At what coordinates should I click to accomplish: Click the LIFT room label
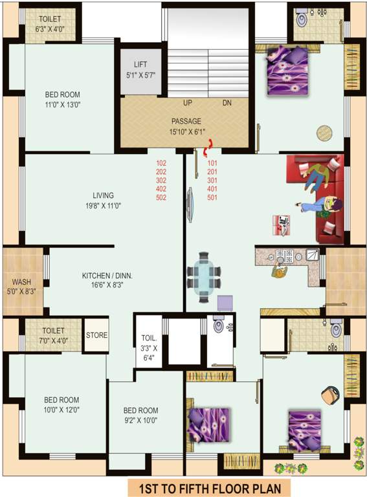pos(140,65)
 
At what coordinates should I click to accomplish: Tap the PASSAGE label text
pos(186,121)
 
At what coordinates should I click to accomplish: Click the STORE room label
pos(96,335)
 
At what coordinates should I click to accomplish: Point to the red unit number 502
pos(161,197)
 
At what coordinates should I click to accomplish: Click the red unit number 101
pos(213,163)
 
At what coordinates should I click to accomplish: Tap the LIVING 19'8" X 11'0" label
pos(103,201)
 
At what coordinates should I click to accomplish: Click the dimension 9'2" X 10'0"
pos(140,420)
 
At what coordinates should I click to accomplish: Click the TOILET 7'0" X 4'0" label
pos(54,335)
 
